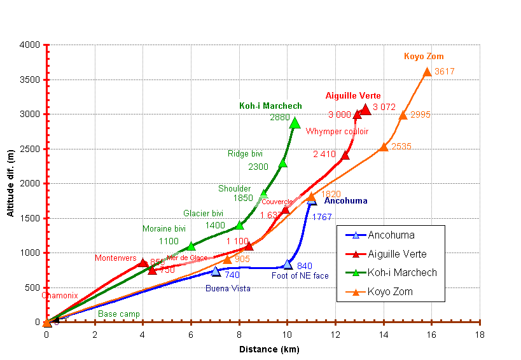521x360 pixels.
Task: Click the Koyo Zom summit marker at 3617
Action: click(x=427, y=71)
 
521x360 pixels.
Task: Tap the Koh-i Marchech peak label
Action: click(x=270, y=106)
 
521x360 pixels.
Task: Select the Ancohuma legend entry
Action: click(x=391, y=235)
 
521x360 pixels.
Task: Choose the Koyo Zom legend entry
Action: click(x=391, y=291)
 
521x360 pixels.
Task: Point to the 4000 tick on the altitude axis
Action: click(x=29, y=45)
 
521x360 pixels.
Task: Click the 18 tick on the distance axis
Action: click(x=480, y=334)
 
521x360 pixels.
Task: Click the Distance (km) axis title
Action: click(x=268, y=349)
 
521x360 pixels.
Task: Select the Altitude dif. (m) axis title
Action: click(x=11, y=183)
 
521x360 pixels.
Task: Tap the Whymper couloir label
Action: click(x=337, y=132)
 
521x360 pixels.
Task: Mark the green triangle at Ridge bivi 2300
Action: click(x=282, y=163)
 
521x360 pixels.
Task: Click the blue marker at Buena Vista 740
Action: click(x=216, y=271)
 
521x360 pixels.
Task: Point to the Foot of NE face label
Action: click(x=300, y=275)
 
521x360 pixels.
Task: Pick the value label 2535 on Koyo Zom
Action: click(x=401, y=146)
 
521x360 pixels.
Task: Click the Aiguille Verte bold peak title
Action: click(x=353, y=95)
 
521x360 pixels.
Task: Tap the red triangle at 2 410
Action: click(x=345, y=155)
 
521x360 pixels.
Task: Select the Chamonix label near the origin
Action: click(x=60, y=295)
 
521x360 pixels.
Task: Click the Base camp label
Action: click(x=119, y=314)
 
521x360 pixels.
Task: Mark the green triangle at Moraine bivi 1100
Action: click(x=191, y=246)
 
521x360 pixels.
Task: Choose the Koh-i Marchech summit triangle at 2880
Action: click(x=295, y=123)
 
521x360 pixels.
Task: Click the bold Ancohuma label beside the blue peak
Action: click(x=345, y=201)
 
